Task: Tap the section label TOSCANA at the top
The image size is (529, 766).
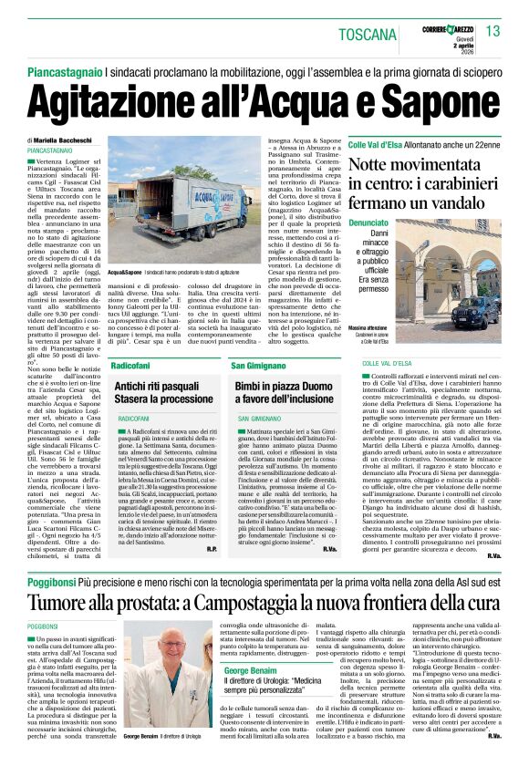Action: pyautogui.click(x=367, y=35)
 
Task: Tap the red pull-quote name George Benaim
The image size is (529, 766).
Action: pyautogui.click(x=254, y=670)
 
